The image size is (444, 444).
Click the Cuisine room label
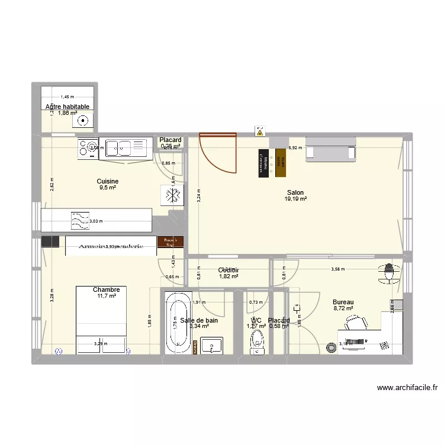coord(108,181)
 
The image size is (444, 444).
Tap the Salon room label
coord(295,192)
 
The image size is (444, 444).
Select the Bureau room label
coord(343,302)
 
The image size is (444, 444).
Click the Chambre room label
coord(107,290)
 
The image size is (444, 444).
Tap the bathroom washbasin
coord(211,345)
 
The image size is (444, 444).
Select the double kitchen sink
coord(124,147)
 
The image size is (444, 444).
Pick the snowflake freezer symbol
coord(172,196)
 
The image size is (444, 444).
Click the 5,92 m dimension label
coord(293,148)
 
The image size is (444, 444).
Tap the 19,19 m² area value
coord(295,200)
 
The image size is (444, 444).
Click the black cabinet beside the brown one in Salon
coord(263,163)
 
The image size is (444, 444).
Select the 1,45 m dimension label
coord(67,97)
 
